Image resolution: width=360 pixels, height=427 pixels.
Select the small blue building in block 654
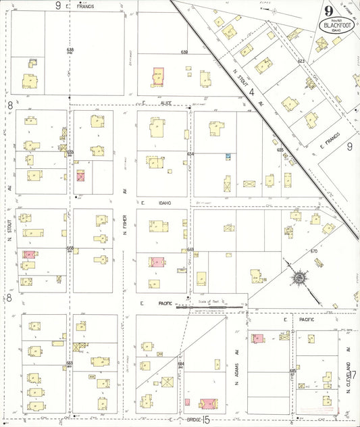coord(228,156)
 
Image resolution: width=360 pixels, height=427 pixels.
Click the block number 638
coord(70,51)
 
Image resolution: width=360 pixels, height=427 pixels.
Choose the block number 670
coord(313,251)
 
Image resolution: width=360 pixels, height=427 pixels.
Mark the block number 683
coord(69,363)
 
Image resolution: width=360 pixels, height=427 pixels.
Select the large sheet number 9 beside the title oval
coord(328,11)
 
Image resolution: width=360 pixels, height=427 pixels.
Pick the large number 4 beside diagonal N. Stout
coord(251,91)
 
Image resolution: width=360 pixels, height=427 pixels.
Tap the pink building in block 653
coord(81,176)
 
